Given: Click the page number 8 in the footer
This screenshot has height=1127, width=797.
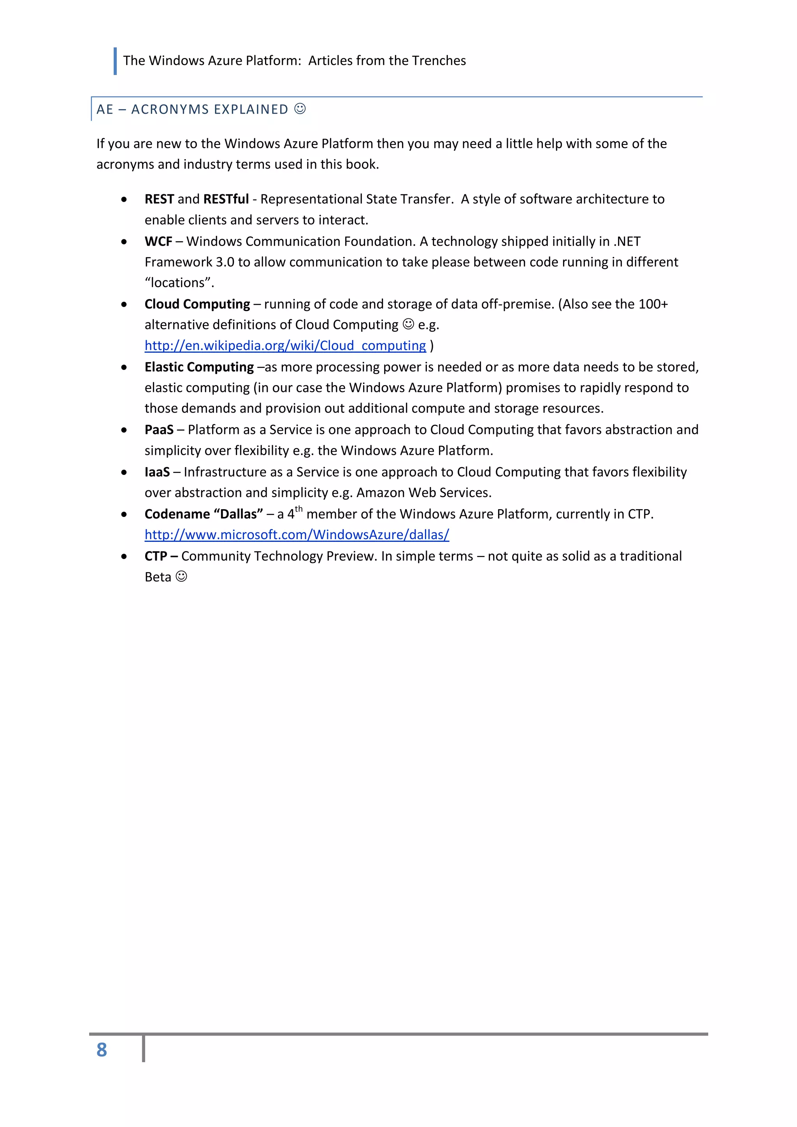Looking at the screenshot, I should [102, 1050].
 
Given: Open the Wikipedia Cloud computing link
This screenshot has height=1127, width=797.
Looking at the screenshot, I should [285, 346].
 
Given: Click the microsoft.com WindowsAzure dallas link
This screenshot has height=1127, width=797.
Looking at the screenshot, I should [297, 534].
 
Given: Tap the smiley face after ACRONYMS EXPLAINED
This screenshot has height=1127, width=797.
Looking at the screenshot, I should [300, 109].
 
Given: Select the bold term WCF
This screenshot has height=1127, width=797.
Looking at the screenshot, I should [158, 241].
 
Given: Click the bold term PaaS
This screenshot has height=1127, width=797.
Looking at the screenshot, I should [159, 430].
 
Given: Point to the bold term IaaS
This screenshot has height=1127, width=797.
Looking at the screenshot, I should [157, 472].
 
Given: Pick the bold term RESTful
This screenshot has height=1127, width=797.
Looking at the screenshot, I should [226, 199].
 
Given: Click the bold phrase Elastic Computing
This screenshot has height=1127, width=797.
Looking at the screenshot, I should [199, 367].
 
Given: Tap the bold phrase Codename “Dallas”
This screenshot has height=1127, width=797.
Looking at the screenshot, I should [204, 514].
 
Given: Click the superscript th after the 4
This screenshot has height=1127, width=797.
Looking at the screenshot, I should [298, 509].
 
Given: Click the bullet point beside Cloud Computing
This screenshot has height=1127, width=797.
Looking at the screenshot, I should [124, 305].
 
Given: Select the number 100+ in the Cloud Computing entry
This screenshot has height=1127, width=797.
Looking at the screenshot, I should [653, 304].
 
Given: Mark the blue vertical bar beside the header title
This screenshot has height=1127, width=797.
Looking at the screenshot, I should [115, 61].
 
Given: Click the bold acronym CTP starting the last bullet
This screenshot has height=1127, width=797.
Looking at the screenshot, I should [156, 556].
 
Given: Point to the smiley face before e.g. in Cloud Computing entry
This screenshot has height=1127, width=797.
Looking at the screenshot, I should [408, 324].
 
